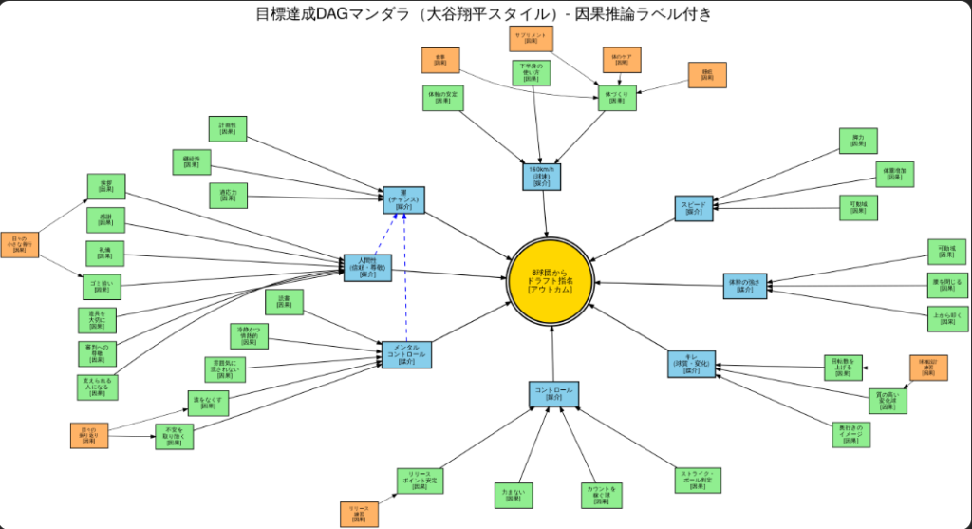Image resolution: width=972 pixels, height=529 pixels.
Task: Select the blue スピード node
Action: [x=693, y=208]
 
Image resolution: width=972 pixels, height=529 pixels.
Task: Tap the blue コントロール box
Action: [x=553, y=393]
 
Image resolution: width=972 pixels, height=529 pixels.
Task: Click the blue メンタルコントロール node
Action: [x=406, y=354]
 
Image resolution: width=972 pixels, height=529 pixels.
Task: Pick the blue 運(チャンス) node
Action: [x=403, y=199]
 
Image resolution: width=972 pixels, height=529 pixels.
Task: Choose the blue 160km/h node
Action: [x=542, y=175]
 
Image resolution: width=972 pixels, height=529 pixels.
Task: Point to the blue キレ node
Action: [x=692, y=365]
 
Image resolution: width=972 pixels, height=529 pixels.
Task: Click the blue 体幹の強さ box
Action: [x=744, y=286]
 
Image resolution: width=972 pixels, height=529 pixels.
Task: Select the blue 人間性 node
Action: [x=366, y=269]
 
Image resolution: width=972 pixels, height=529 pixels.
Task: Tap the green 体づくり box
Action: [x=616, y=98]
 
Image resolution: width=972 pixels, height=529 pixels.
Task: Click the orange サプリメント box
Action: [x=531, y=39]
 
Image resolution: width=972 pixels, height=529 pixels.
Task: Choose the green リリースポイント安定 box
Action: [x=419, y=481]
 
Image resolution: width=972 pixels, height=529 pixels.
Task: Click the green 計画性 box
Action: [x=227, y=128]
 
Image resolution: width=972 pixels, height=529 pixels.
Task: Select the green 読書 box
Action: [x=283, y=303]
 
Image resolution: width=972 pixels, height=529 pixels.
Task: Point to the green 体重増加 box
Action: [x=894, y=174]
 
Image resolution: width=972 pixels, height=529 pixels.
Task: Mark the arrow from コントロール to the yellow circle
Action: [x=552, y=353]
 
